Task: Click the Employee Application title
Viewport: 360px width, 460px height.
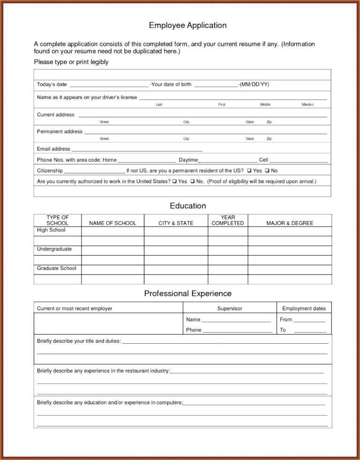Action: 187,25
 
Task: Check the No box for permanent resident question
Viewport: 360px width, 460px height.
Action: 267,171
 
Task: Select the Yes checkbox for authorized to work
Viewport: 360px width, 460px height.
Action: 174,181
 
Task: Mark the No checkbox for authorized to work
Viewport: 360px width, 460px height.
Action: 193,181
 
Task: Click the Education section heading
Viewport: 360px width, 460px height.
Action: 187,205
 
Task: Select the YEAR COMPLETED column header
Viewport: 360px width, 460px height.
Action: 228,220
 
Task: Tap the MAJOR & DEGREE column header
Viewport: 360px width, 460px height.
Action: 290,223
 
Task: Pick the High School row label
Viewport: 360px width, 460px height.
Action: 51,230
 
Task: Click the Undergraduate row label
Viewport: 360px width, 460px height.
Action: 54,249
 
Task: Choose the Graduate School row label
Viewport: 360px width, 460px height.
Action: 56,268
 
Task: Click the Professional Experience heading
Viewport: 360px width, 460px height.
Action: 187,294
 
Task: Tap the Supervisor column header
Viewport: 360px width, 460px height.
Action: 230,309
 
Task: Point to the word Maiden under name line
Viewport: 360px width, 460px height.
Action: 307,105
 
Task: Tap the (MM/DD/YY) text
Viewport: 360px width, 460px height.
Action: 254,84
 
